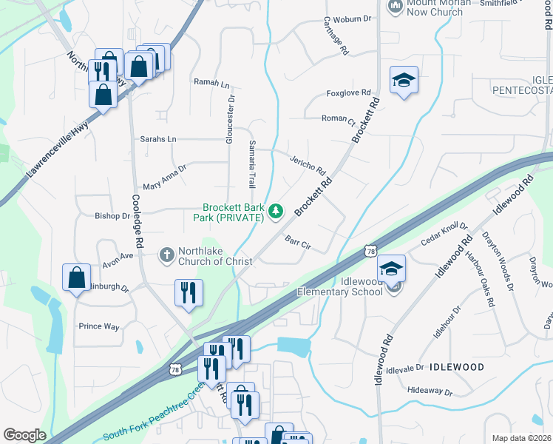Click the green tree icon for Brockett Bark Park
click(276, 212)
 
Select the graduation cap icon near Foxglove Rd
click(404, 81)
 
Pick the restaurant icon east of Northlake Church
click(188, 292)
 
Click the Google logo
click(24, 435)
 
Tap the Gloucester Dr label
click(231, 118)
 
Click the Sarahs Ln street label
click(158, 139)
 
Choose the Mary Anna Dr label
click(165, 177)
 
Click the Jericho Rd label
click(308, 165)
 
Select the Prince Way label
click(99, 326)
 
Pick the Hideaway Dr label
click(429, 391)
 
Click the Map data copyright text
click(521, 438)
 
